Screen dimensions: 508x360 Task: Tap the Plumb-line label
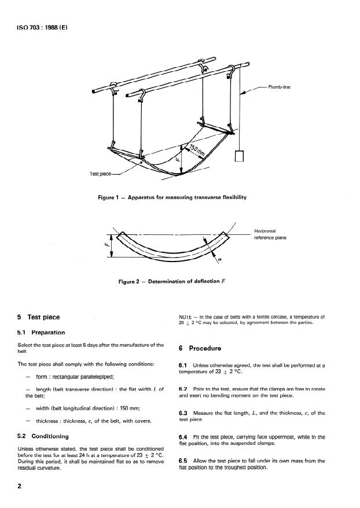(279, 87)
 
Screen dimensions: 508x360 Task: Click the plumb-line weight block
(238, 156)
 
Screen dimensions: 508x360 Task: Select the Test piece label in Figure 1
(101, 173)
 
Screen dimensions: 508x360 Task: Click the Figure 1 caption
(172, 198)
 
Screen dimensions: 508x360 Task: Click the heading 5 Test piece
(41, 317)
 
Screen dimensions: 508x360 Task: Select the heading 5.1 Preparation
(42, 332)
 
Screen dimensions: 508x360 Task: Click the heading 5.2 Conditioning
(43, 436)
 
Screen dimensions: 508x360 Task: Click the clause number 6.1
(184, 365)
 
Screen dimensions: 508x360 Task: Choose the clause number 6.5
(184, 460)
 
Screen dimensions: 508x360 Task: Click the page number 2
(20, 487)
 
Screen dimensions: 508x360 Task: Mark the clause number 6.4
(184, 436)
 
